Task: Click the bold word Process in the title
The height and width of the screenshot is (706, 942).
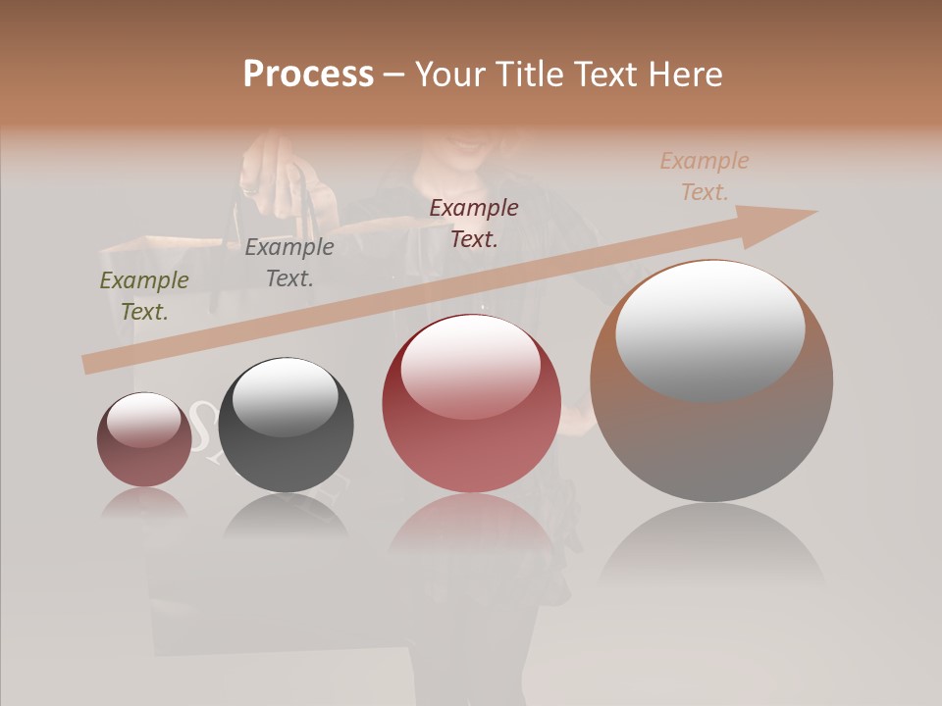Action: (x=308, y=75)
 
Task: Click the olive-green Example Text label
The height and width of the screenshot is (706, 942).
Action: (x=144, y=296)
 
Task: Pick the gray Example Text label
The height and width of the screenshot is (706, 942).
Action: (x=289, y=263)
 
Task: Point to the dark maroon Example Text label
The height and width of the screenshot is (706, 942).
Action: (x=474, y=223)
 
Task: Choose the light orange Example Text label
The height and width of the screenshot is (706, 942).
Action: (x=705, y=176)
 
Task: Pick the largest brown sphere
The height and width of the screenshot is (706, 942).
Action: (x=711, y=431)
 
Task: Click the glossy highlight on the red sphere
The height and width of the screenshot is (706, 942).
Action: (x=471, y=365)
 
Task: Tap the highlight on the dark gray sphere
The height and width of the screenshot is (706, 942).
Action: (x=286, y=395)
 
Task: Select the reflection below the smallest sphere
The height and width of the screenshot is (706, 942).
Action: (x=144, y=503)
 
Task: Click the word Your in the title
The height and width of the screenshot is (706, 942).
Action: (x=449, y=75)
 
